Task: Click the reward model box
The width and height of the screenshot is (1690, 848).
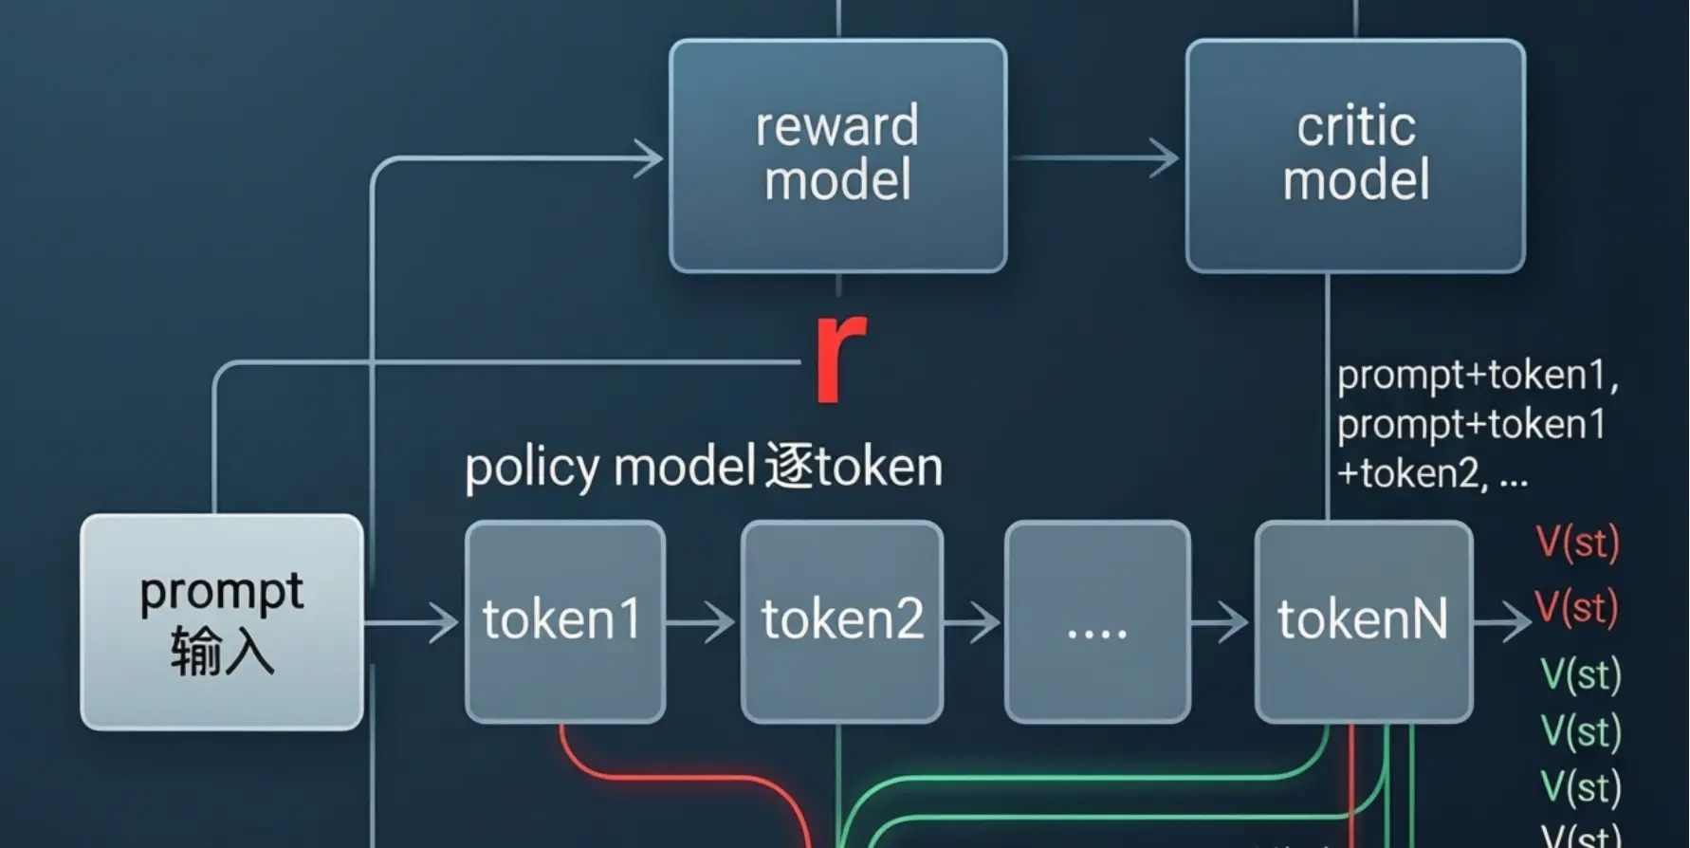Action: point(837,156)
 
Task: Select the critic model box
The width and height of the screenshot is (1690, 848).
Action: point(1355,156)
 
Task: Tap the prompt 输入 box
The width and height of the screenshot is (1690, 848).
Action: point(222,622)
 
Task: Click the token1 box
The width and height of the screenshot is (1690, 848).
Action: point(564,621)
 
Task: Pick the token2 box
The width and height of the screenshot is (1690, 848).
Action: point(841,621)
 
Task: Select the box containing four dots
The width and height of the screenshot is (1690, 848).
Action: point(1097,621)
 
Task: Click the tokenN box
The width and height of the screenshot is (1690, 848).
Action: point(1363,621)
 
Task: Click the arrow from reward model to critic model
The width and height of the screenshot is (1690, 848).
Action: point(1095,157)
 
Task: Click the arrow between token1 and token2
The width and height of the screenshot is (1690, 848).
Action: point(702,623)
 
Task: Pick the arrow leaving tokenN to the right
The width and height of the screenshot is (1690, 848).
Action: point(1503,623)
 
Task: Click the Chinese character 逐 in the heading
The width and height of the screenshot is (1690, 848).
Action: point(788,467)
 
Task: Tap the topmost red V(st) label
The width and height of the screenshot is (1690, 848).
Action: point(1577,543)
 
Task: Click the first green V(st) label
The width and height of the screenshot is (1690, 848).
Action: point(1580,674)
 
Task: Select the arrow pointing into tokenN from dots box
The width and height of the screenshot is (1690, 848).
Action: point(1222,623)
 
